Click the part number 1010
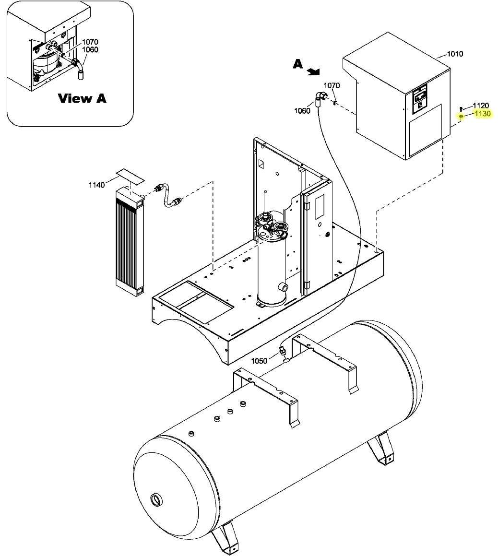455,54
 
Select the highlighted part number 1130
482,114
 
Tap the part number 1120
481,106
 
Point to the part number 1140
96,185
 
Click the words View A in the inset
82,98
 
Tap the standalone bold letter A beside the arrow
298,64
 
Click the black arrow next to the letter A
314,71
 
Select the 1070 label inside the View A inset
90,42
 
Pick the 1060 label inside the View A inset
90,49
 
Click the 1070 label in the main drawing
332,85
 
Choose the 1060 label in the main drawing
302,110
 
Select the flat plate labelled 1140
130,176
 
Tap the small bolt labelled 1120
461,108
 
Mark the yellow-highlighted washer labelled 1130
461,117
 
